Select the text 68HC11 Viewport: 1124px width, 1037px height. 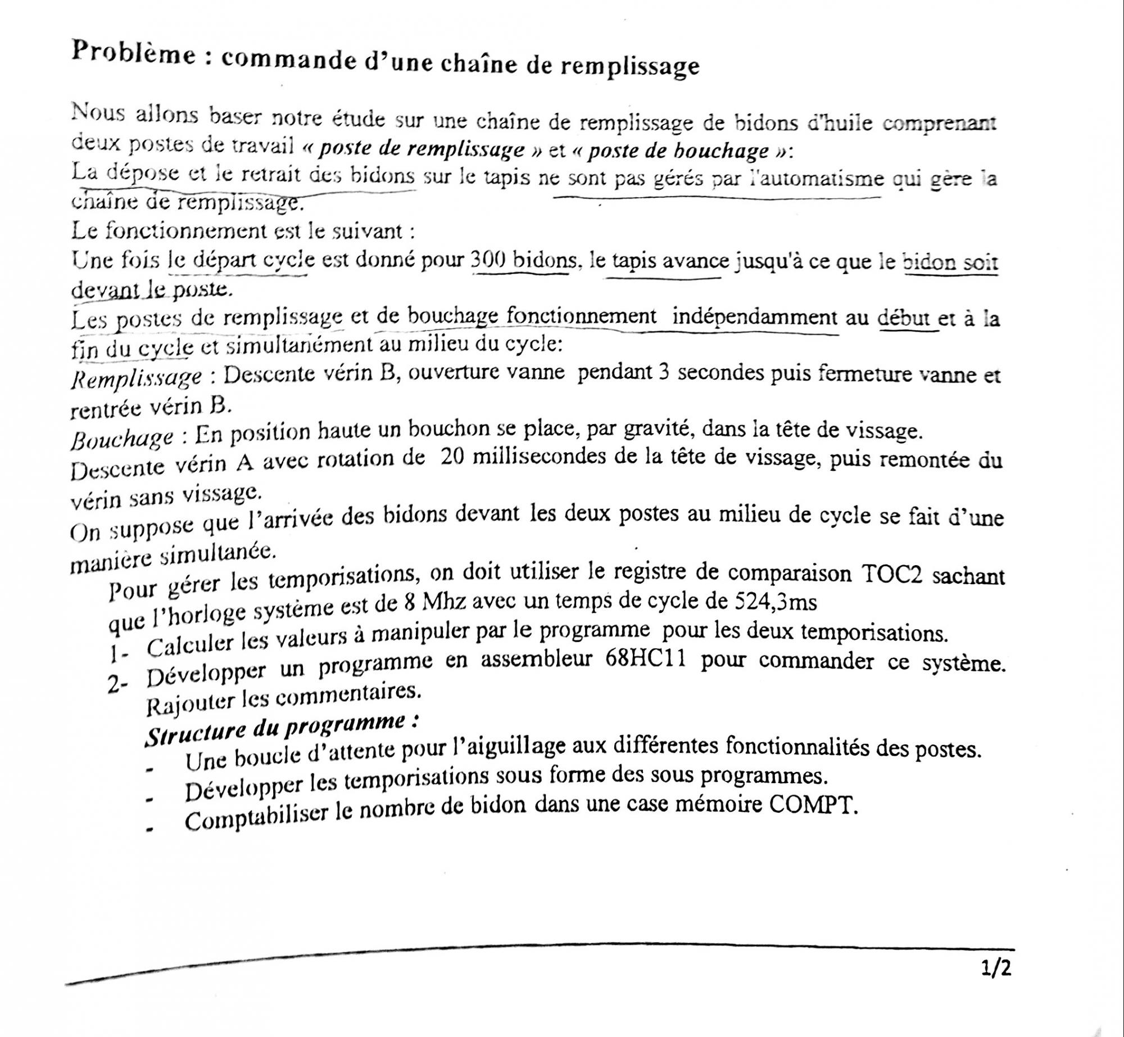click(645, 660)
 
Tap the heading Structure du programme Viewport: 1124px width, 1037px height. click(281, 728)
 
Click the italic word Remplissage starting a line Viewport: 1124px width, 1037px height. click(136, 378)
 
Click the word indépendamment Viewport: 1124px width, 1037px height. click(754, 317)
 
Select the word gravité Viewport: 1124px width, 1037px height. click(646, 430)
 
